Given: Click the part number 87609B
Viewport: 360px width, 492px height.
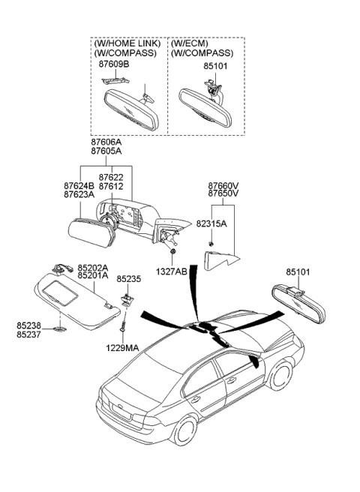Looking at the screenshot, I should click(x=115, y=64).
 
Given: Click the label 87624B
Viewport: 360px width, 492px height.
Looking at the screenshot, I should click(x=79, y=185).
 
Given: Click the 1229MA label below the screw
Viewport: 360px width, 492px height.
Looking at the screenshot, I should click(x=121, y=348).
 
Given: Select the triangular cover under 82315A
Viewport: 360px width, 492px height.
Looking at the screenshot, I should click(x=220, y=260).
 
